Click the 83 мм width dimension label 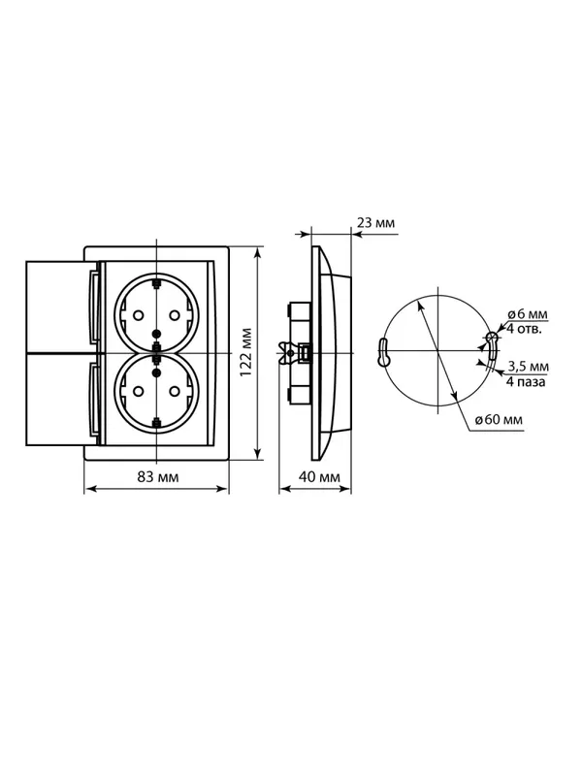pyautogui.click(x=158, y=477)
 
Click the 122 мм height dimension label pyautogui.click(x=246, y=352)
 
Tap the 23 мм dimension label pyautogui.click(x=376, y=223)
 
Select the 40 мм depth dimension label pyautogui.click(x=320, y=477)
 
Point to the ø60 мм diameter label pyautogui.click(x=499, y=420)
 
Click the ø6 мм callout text pyautogui.click(x=528, y=313)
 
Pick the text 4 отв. pyautogui.click(x=524, y=328)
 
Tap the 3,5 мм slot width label pyautogui.click(x=529, y=367)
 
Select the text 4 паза pyautogui.click(x=526, y=381)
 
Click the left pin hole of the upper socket pyautogui.click(x=139, y=314)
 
